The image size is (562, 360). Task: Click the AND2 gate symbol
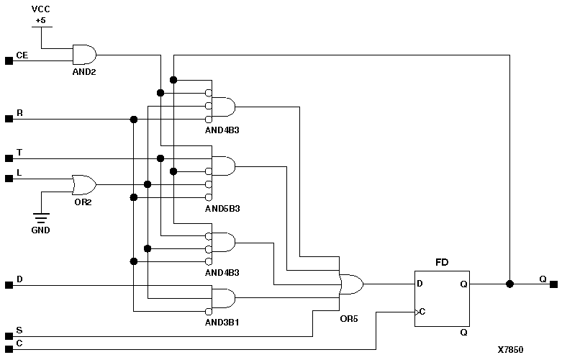(84, 55)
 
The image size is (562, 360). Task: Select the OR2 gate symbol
(83, 184)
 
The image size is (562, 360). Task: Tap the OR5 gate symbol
(351, 284)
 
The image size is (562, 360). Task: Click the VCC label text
(41, 9)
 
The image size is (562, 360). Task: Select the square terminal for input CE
(9, 60)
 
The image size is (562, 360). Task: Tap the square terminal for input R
(9, 120)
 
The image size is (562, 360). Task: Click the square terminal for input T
(9, 158)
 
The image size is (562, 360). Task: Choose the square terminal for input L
(9, 178)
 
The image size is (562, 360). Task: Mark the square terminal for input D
(9, 285)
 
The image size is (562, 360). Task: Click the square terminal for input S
(9, 336)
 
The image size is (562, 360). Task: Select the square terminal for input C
(9, 349)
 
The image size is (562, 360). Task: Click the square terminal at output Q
(553, 284)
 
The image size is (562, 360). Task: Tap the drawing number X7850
(510, 350)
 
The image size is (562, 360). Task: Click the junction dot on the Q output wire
(509, 284)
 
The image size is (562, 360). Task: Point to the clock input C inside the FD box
(420, 312)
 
